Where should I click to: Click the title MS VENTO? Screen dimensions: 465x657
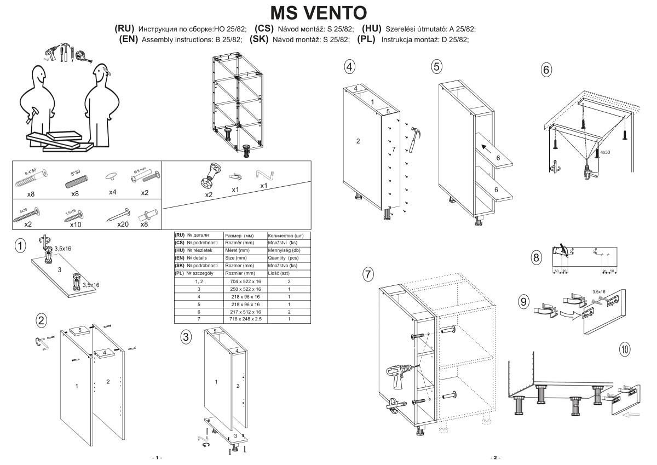pyautogui.click(x=319, y=12)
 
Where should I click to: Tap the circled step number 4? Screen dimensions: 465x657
pyautogui.click(x=349, y=67)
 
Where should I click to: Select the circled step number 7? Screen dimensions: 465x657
pyautogui.click(x=368, y=274)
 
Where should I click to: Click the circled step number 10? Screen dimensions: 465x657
pyautogui.click(x=625, y=348)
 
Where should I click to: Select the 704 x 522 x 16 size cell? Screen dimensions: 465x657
pyautogui.click(x=246, y=281)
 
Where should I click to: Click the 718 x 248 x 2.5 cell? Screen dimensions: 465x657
pyautogui.click(x=246, y=318)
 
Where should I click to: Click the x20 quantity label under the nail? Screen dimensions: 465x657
pyautogui.click(x=123, y=224)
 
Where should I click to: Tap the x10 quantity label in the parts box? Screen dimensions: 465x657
pyautogui.click(x=76, y=224)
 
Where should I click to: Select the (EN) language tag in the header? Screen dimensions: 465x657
pyautogui.click(x=129, y=39)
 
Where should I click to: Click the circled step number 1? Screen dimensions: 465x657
pyautogui.click(x=20, y=246)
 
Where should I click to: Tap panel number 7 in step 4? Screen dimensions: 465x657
pyautogui.click(x=393, y=149)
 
